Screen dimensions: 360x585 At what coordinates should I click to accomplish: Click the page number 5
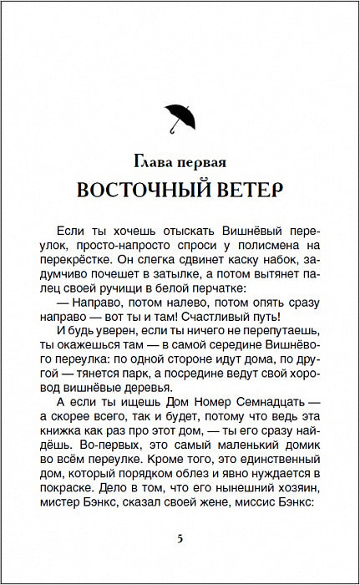coord(180,537)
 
